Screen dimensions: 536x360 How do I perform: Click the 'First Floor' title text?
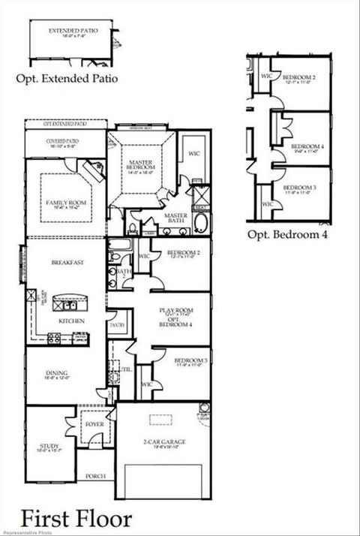pyautogui.click(x=76, y=519)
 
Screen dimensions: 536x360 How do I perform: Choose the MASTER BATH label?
pyautogui.click(x=175, y=216)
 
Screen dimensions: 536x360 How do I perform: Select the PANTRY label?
pyautogui.click(x=117, y=325)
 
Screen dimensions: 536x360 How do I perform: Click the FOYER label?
pyautogui.click(x=94, y=424)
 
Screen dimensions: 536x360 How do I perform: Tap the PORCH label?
pyautogui.click(x=95, y=476)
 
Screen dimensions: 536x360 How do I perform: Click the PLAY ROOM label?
pyautogui.click(x=172, y=310)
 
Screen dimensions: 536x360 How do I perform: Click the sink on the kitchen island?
pyautogui.click(x=68, y=306)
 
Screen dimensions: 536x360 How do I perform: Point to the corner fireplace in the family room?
pyautogui.click(x=93, y=170)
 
